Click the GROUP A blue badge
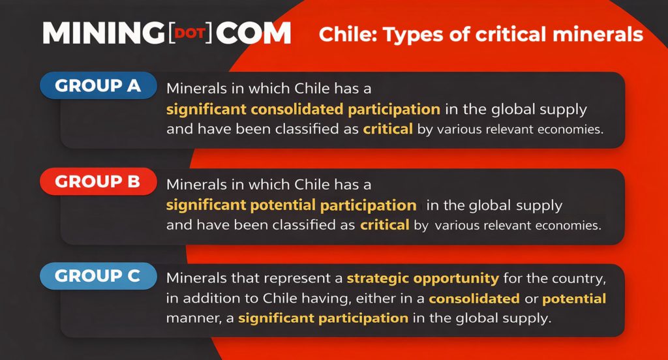[x=98, y=85]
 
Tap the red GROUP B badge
[x=98, y=181]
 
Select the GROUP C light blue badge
[x=98, y=276]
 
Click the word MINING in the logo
[x=103, y=34]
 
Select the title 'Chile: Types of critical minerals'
[x=481, y=34]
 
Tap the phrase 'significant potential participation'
[x=291, y=205]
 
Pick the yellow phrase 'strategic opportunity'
[x=423, y=278]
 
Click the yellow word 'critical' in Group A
[x=388, y=128]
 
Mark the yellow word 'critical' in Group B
[x=384, y=226]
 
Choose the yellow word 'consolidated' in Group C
[x=474, y=299]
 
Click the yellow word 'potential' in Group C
[x=575, y=299]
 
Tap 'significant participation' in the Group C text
[x=323, y=319]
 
